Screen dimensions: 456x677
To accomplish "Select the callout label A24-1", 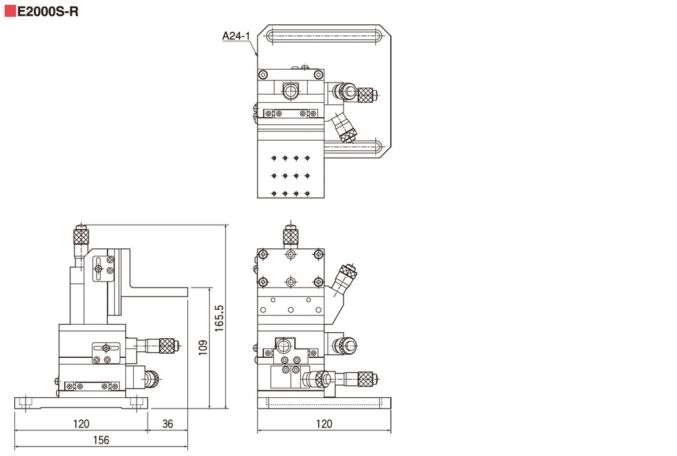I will [x=236, y=36].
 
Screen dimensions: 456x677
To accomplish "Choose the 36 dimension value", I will [x=168, y=424].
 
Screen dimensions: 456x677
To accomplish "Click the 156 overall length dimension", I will [x=100, y=440].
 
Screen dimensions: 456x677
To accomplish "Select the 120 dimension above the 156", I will [x=81, y=424].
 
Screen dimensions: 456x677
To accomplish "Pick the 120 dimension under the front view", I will [x=324, y=424].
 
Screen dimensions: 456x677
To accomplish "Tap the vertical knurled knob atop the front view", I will [x=291, y=236].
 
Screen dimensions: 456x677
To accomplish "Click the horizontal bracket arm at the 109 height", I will [x=156, y=292].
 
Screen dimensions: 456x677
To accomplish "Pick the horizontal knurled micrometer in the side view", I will [x=159, y=346].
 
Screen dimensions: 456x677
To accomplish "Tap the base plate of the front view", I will [x=324, y=403].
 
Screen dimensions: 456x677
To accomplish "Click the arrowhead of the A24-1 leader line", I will [x=257, y=53].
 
